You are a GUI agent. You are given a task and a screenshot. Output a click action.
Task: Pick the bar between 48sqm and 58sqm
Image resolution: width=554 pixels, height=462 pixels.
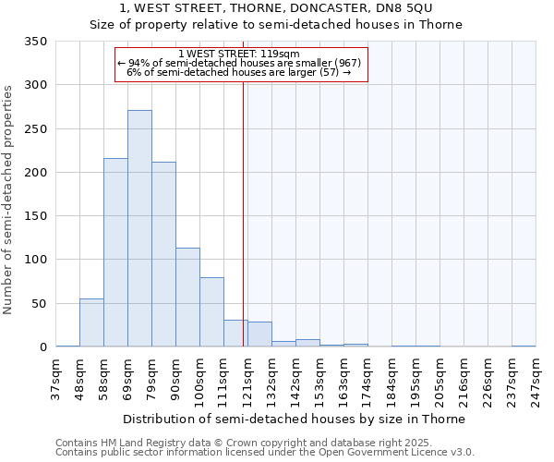point(91,322)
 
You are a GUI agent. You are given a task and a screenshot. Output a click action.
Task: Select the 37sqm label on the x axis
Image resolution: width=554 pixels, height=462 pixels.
point(55,380)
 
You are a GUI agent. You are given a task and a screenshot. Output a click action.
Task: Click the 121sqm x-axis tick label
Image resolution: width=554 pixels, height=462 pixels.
point(247,380)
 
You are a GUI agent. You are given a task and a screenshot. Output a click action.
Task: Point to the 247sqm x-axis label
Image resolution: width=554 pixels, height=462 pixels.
point(536,380)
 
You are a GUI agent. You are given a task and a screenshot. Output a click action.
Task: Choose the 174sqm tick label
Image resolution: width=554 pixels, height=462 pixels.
point(367,380)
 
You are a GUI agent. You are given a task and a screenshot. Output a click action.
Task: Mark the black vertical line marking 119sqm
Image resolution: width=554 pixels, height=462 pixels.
point(243,213)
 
